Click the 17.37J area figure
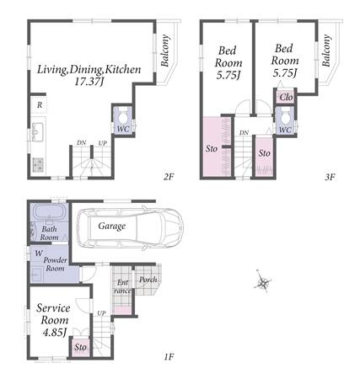pos(89,82)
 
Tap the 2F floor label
pos(169,177)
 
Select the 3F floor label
pos(330,177)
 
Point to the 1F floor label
pos(169,357)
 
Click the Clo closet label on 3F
pos(287,97)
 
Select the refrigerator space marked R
pos(40,105)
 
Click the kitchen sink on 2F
pos(37,132)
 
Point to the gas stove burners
pos(38,164)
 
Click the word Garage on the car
pos(112,226)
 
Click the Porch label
pos(148,280)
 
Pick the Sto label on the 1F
pos(80,347)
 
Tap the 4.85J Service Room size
pos(54,333)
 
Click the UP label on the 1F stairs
pos(102,312)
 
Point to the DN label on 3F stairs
pos(244,132)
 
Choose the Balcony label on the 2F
pos(165,51)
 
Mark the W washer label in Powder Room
pos(39,254)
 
